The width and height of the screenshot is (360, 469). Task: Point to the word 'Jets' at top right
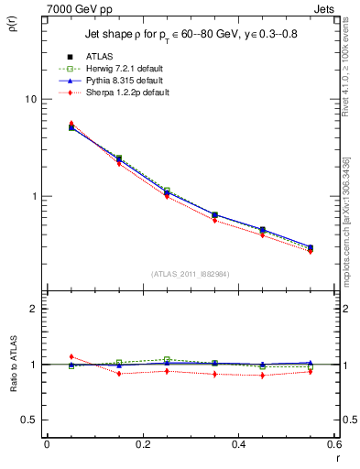tap(327, 7)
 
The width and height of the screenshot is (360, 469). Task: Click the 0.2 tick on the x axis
tap(142, 444)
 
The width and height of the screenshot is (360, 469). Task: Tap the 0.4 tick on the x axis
tap(238, 444)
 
